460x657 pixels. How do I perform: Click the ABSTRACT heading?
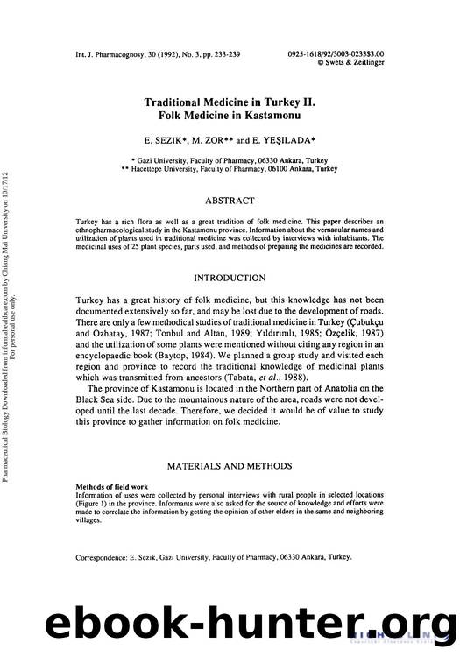(230, 201)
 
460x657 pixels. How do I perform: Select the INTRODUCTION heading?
(230, 278)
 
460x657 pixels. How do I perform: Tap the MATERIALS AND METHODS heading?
(230, 466)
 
